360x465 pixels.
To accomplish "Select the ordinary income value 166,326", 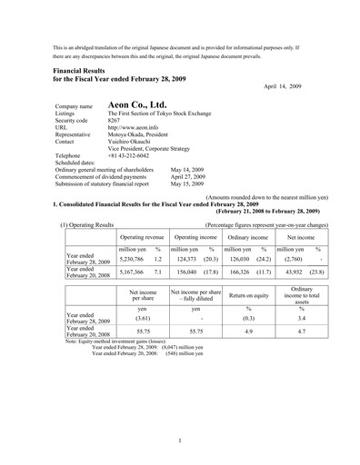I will coord(239,271).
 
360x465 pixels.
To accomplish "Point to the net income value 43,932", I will coord(291,271).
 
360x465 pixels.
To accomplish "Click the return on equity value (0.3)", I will coord(248,319).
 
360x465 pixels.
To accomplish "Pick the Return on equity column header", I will coord(248,296).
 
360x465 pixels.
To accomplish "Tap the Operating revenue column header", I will coord(142,234).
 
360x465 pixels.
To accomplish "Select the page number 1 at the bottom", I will coord(180,440).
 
